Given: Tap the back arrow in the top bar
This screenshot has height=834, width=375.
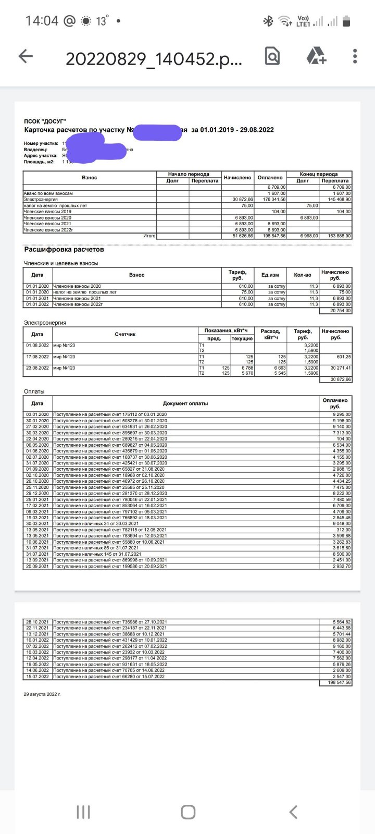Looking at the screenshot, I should click(26, 56).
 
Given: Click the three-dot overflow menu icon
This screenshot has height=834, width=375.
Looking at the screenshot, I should click(355, 56).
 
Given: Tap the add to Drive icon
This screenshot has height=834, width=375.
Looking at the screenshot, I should click(316, 56).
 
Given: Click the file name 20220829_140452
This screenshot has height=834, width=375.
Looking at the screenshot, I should click(154, 59).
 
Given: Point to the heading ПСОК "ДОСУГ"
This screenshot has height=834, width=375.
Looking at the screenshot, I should click(45, 121).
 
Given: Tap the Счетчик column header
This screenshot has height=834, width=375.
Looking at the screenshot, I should click(125, 334).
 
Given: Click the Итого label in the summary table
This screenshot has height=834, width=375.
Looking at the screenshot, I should click(149, 236).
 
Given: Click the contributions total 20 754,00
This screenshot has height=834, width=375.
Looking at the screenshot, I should click(340, 311).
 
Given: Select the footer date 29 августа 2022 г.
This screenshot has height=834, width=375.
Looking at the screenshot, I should click(42, 694).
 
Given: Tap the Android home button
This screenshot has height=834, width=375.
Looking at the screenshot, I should click(187, 812).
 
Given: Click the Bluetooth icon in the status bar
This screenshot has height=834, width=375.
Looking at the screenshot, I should click(268, 21).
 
